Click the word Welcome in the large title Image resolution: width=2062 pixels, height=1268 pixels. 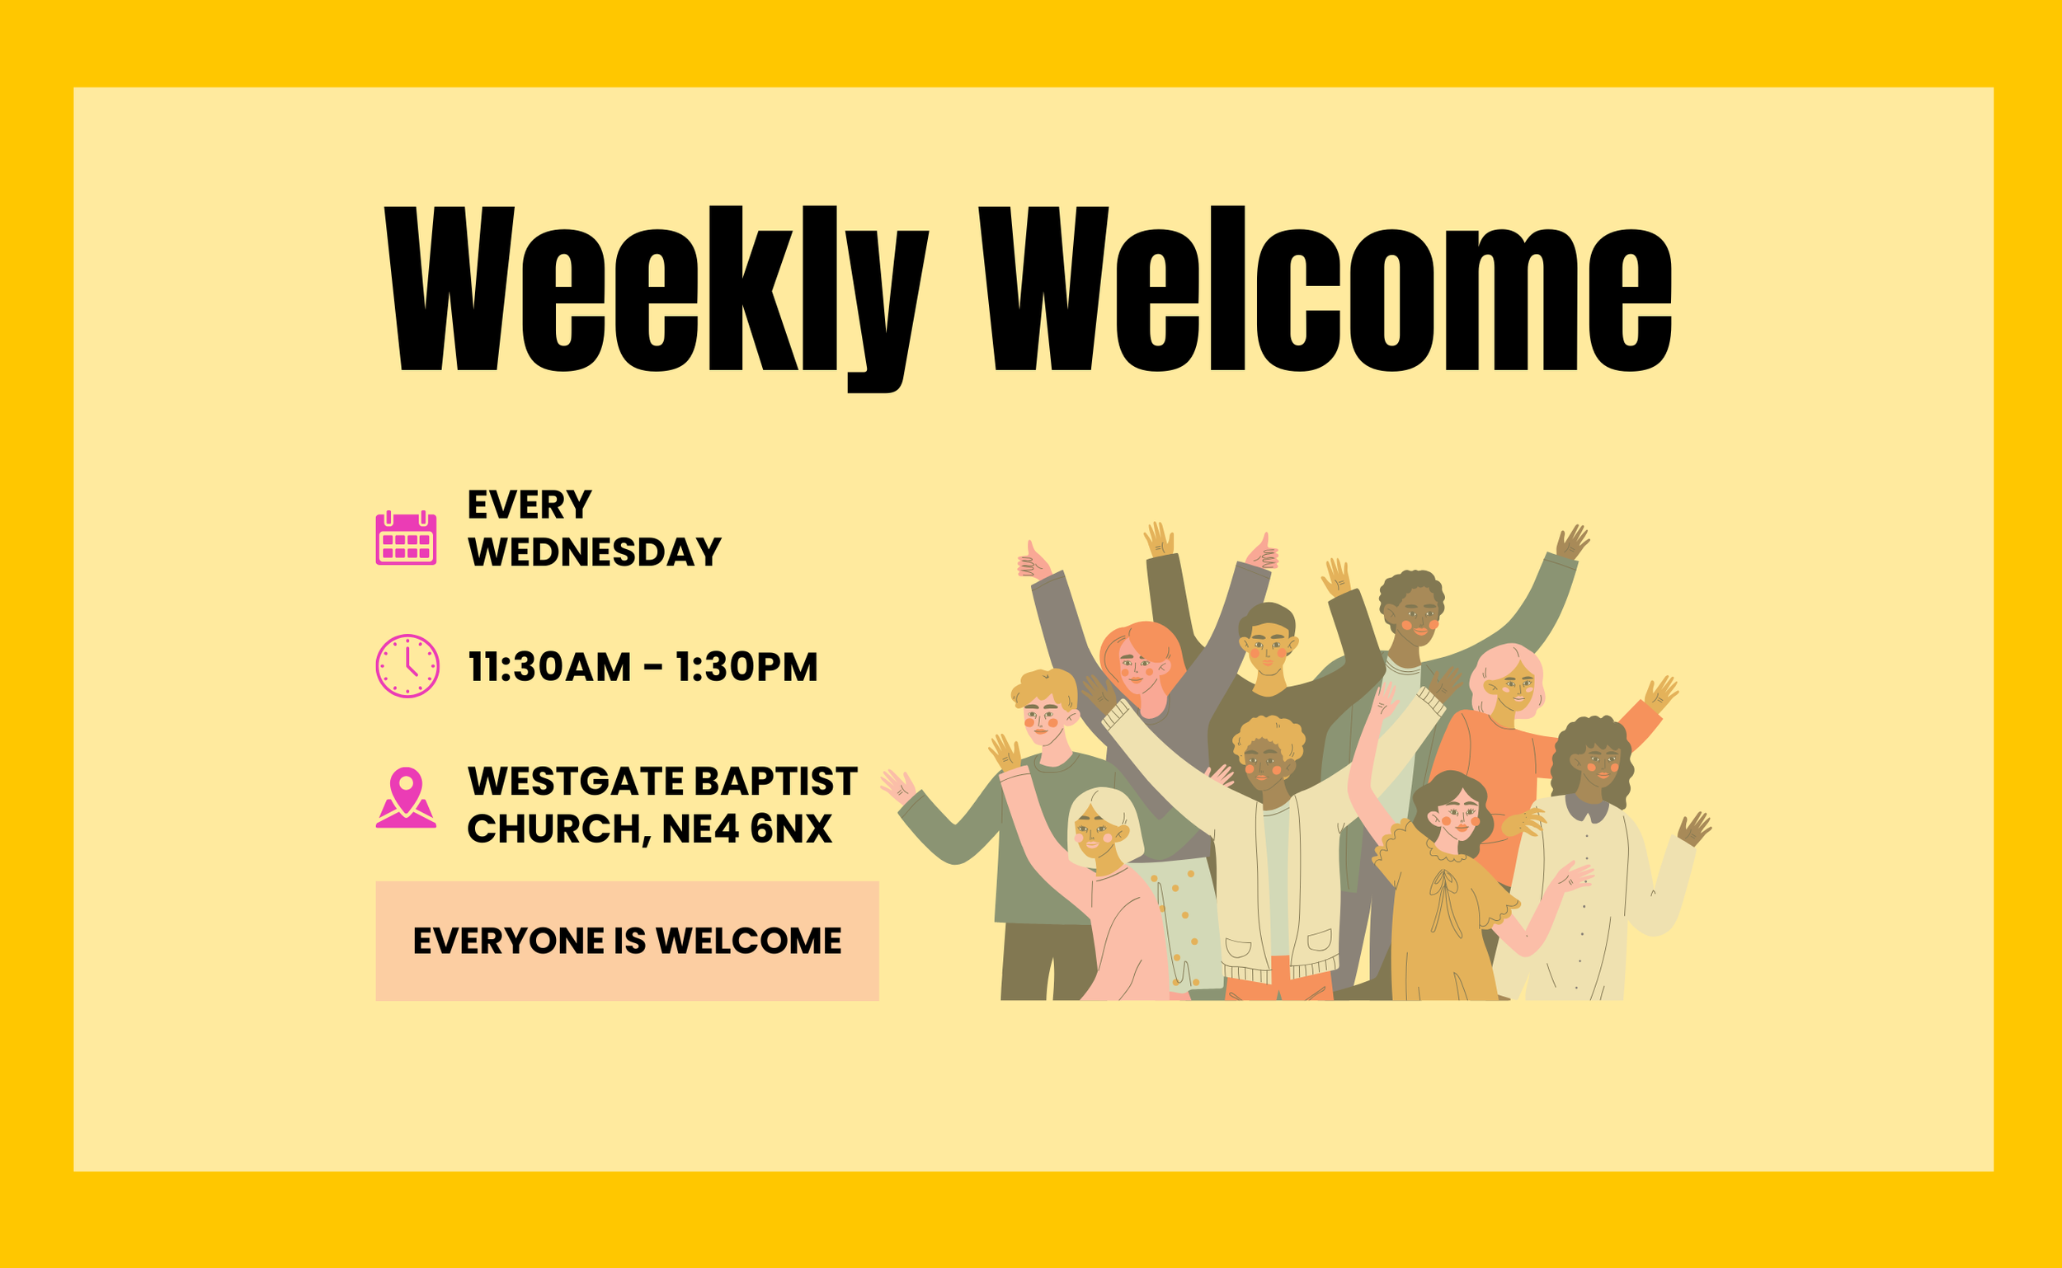point(1325,289)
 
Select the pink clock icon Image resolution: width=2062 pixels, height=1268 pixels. point(407,666)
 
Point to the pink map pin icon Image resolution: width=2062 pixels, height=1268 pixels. point(406,797)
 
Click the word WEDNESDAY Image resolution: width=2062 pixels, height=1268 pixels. point(595,552)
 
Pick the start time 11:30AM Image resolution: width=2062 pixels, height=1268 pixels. point(549,668)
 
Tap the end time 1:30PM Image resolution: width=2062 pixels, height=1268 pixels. point(746,668)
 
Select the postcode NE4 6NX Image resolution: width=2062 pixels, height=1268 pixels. point(746,829)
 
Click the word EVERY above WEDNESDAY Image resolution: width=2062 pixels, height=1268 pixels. point(530,505)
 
